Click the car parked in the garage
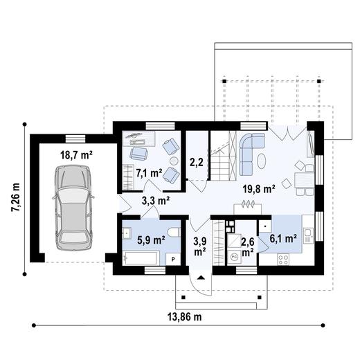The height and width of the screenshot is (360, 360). click(75, 207)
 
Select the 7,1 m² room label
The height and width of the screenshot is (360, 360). click(148, 172)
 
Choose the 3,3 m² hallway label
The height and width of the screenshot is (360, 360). click(156, 201)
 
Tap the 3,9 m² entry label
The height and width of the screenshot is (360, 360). click(199, 246)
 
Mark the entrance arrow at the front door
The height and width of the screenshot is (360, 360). click(200, 276)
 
